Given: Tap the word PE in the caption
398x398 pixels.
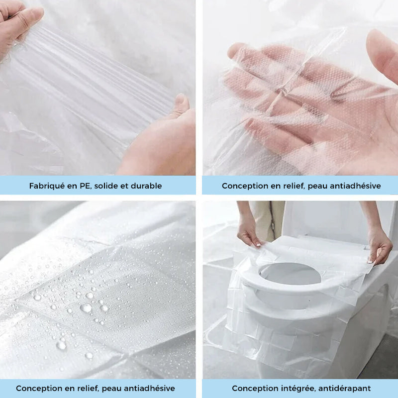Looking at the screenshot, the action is [86, 186].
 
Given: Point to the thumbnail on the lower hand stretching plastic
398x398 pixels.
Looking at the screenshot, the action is [181, 99].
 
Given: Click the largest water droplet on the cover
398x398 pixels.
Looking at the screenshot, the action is [86, 307].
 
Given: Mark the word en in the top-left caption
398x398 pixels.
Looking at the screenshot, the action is [72, 186].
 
